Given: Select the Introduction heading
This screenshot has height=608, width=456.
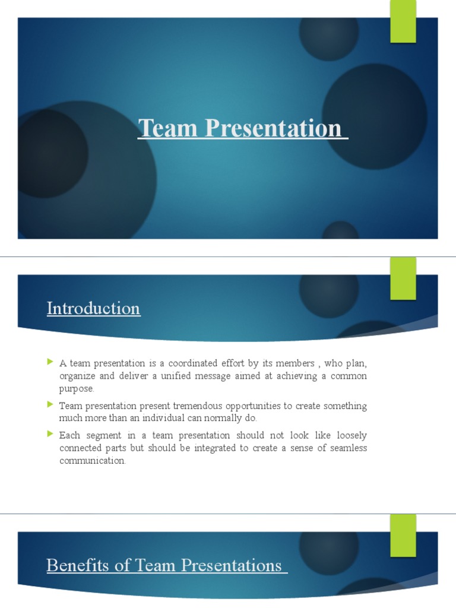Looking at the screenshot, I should pyautogui.click(x=94, y=309).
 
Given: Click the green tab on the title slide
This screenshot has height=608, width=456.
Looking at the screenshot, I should pyautogui.click(x=403, y=22).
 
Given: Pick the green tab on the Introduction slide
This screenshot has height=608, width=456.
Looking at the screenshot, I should pyautogui.click(x=403, y=278).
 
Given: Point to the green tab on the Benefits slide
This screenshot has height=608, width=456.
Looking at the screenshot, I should pyautogui.click(x=403, y=536).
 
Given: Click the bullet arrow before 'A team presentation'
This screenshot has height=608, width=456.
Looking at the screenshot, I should pyautogui.click(x=50, y=362).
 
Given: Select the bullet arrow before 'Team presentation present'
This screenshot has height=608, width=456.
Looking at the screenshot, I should pyautogui.click(x=50, y=405).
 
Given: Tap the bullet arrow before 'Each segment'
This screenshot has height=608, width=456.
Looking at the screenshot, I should pyautogui.click(x=50, y=435).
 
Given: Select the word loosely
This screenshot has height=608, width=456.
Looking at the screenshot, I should pyautogui.click(x=349, y=436).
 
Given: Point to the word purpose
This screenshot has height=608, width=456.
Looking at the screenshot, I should pyautogui.click(x=76, y=389).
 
